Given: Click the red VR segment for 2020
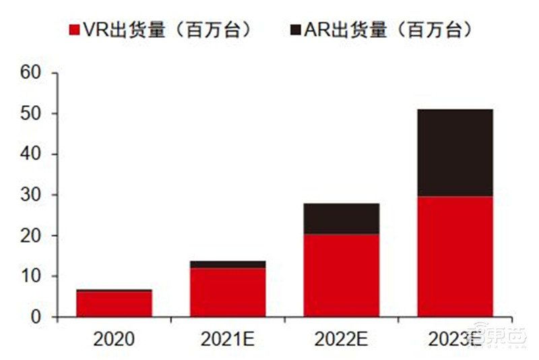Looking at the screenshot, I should pyautogui.click(x=114, y=304).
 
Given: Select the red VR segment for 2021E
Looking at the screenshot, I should pyautogui.click(x=228, y=293).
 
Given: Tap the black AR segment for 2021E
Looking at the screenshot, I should pyautogui.click(x=228, y=264).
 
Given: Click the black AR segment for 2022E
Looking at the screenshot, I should pyautogui.click(x=341, y=219).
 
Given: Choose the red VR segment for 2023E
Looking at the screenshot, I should pyautogui.click(x=455, y=256).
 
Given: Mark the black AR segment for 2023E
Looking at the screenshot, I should pyautogui.click(x=455, y=152).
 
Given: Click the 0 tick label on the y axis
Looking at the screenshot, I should pyautogui.click(x=36, y=318).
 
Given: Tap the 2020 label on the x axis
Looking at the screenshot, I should pyautogui.click(x=114, y=340).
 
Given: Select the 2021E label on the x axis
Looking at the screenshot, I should pyautogui.click(x=228, y=340).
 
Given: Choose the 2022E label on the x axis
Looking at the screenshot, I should pyautogui.click(x=341, y=340).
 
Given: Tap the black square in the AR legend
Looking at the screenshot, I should pyautogui.click(x=294, y=30).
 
